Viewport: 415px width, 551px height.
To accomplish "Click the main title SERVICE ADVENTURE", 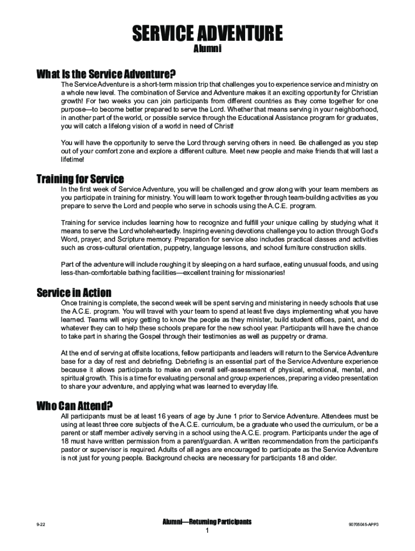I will pos(207,34).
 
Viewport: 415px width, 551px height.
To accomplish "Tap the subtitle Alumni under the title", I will pos(207,49).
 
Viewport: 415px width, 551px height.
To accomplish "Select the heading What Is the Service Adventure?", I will pos(106,74).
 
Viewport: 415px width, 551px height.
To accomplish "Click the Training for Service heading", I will pos(80,179).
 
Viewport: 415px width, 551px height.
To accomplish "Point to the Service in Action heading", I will pos(74,293).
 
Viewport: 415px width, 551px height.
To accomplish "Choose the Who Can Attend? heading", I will pos(74,406).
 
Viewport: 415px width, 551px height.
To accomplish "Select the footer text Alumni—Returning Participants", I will pos(207,522).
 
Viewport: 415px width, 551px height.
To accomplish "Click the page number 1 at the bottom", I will pos(207,531).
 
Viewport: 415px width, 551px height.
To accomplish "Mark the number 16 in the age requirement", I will pos(163,416).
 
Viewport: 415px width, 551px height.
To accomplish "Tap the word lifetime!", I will pos(73,160).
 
